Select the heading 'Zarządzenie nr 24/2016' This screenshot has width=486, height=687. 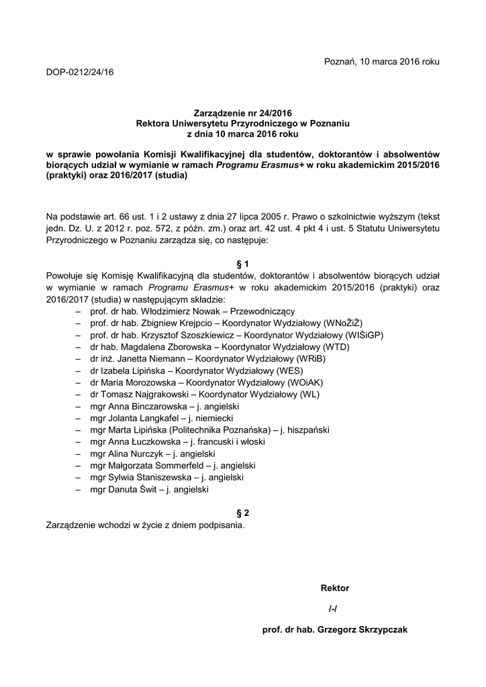(243, 113)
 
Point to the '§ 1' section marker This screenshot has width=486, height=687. (243, 264)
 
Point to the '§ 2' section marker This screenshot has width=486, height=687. (243, 513)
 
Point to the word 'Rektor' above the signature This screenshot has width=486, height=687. (335, 588)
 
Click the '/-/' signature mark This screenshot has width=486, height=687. (333, 609)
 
